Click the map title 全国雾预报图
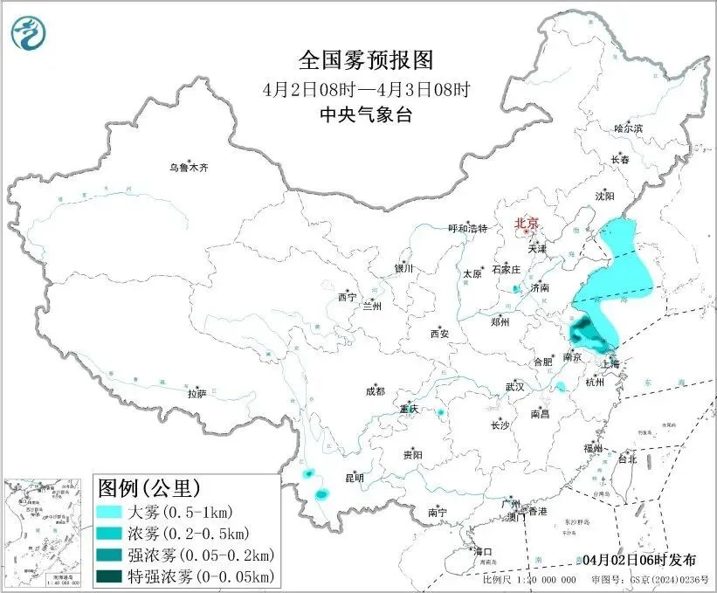coord(366,60)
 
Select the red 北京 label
coord(527,223)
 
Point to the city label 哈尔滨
coord(627,128)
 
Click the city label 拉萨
coord(196,393)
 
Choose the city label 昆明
coord(355,478)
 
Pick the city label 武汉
coord(514,386)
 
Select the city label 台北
coord(627,459)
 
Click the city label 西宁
coord(348,297)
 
